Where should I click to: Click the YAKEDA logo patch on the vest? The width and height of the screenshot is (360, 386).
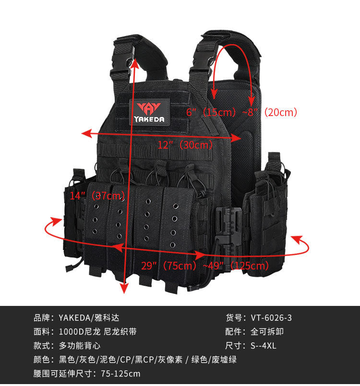150,112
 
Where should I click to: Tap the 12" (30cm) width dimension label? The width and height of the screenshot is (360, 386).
185,145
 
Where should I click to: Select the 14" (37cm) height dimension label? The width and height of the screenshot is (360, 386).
97,196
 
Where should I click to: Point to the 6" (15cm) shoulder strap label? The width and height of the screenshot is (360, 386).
211,113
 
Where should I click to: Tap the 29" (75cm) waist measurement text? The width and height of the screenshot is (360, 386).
169,266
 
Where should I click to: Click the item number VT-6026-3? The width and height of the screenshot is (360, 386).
271,318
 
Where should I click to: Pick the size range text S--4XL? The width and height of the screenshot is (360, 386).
264,346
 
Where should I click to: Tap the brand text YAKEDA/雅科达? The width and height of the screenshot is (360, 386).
89,318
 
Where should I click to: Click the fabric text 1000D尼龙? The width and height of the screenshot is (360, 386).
80,332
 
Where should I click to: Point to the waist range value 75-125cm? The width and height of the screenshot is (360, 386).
120,374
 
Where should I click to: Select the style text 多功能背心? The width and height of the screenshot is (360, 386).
80,346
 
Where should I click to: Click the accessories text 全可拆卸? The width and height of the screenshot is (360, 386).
267,332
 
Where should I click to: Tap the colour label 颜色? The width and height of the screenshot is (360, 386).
42,360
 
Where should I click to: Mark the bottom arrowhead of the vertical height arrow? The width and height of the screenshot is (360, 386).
124,288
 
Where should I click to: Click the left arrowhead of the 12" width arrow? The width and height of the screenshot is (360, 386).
87,133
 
